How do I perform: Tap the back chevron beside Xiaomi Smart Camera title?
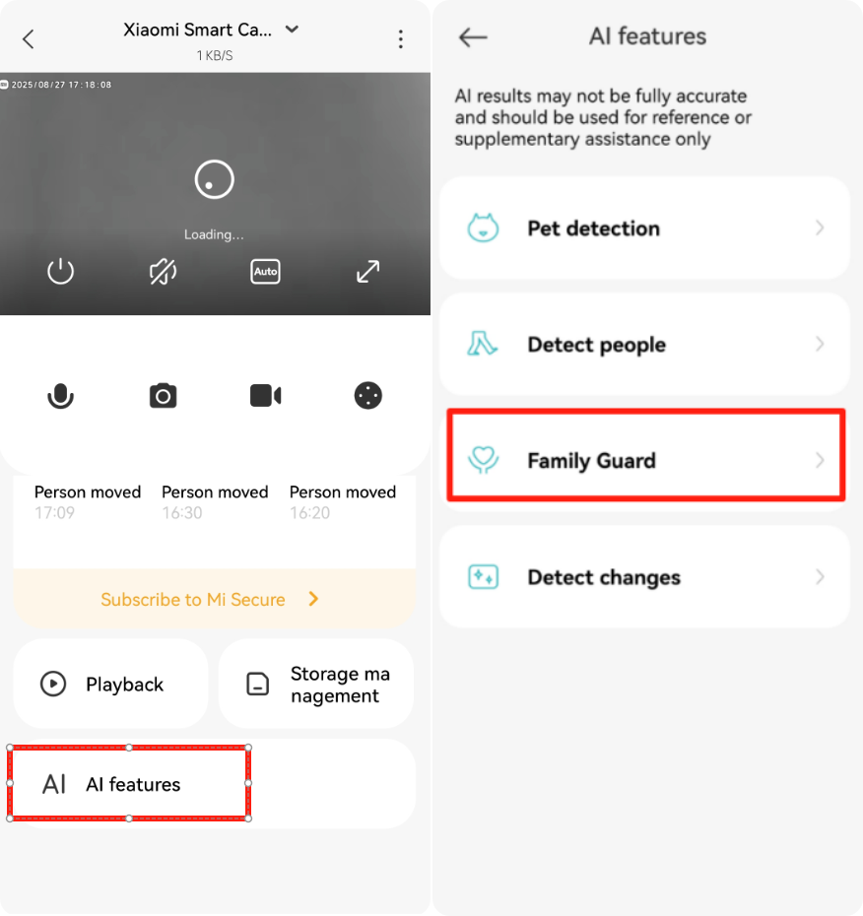click(x=28, y=39)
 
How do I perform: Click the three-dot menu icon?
click(x=400, y=39)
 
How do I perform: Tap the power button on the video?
click(x=60, y=272)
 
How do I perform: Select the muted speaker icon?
click(x=163, y=272)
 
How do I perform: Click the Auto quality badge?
click(x=265, y=272)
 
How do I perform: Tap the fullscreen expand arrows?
click(x=368, y=272)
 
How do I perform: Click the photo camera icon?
click(x=163, y=396)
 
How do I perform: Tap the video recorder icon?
click(x=265, y=396)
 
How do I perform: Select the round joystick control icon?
click(x=368, y=396)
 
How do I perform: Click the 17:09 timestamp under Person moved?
click(x=54, y=513)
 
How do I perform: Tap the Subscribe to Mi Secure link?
click(x=193, y=600)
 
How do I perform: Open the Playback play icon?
click(x=53, y=684)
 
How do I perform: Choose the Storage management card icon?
click(x=258, y=684)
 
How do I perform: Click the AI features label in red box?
click(x=133, y=784)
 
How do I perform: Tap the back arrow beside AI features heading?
click(x=473, y=37)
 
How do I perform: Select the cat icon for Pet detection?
click(x=483, y=228)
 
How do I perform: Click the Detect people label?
click(x=597, y=345)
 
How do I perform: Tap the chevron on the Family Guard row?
click(x=820, y=460)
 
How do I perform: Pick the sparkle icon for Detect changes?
click(x=483, y=576)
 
